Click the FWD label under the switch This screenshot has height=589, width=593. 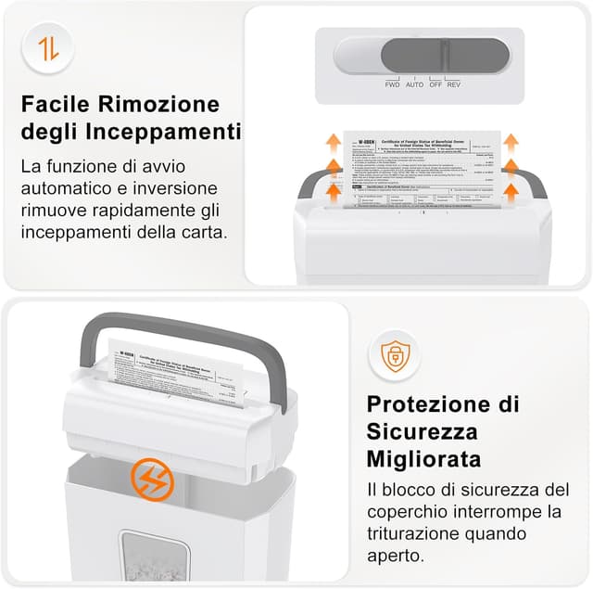point(392,84)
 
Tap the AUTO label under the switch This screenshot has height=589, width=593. point(414,84)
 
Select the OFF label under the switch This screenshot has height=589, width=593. point(435,84)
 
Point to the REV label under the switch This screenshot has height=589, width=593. point(454,84)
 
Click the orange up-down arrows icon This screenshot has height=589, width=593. point(48,47)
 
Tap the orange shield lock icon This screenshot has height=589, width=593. point(395,356)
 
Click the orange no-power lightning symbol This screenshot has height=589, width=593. point(152,479)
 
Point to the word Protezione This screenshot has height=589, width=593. point(431,403)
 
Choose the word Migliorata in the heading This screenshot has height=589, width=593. point(423,459)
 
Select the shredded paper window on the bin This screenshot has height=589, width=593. point(154,557)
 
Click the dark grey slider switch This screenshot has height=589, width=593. point(444,55)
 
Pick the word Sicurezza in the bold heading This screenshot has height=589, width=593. point(422,431)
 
